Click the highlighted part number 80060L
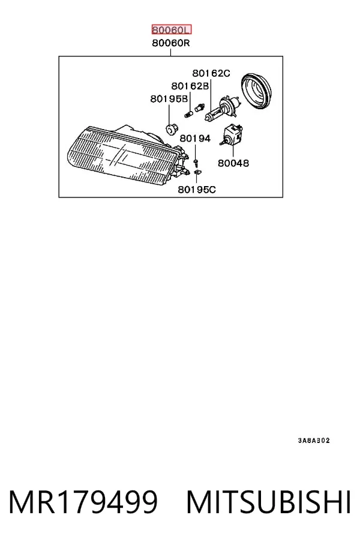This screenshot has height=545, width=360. click(172, 30)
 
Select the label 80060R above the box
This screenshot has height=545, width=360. click(171, 43)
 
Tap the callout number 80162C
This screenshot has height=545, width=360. click(211, 73)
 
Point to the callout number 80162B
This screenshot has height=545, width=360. click(190, 86)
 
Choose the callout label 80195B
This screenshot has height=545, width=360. click(169, 98)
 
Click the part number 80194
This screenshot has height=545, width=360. click(195, 138)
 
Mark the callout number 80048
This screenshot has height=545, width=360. click(233, 163)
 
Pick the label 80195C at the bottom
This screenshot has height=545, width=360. click(197, 190)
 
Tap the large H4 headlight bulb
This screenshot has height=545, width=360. click(221, 108)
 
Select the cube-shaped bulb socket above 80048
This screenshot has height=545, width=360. click(232, 134)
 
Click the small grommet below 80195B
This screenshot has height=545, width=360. click(170, 130)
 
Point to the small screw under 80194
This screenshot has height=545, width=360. click(196, 161)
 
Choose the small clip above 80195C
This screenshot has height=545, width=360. click(197, 172)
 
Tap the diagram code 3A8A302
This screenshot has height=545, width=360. click(313, 441)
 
